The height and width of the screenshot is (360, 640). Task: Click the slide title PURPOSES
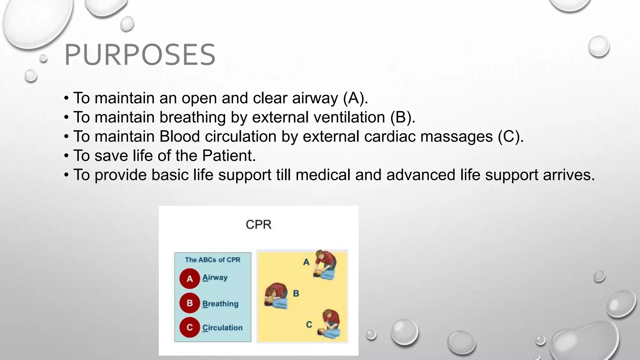click(x=140, y=55)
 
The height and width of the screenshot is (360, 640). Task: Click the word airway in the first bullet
click(x=315, y=98)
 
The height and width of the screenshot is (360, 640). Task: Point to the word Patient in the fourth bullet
click(x=229, y=156)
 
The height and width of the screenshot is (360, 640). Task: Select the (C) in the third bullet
click(x=510, y=137)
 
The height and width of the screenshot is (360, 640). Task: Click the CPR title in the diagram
click(x=258, y=225)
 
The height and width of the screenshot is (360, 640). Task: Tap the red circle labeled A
click(x=190, y=278)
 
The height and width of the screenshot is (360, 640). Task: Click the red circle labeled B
click(x=190, y=303)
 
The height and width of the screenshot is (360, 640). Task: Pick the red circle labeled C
click(x=190, y=327)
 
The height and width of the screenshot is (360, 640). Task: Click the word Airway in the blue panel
click(x=215, y=277)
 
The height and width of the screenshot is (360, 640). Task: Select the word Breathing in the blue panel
click(x=220, y=304)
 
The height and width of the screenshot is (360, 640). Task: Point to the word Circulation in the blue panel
click(x=222, y=328)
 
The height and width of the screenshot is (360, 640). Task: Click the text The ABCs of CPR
click(x=212, y=260)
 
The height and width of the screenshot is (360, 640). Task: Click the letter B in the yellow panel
click(x=296, y=293)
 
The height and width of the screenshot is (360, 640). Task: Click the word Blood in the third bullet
click(x=179, y=137)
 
